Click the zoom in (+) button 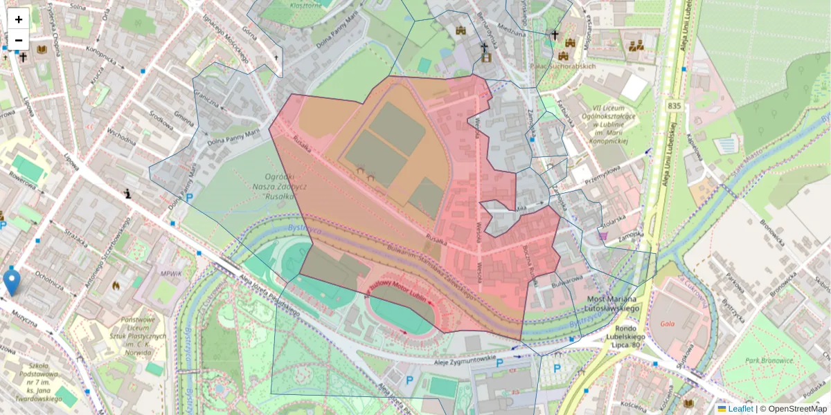tap(18, 19)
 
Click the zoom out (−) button tap(18, 40)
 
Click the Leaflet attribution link tap(740, 409)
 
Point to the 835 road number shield tap(675, 105)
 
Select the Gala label tap(667, 323)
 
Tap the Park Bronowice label tap(769, 360)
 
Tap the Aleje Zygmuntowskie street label tap(465, 358)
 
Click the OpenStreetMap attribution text tap(796, 409)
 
